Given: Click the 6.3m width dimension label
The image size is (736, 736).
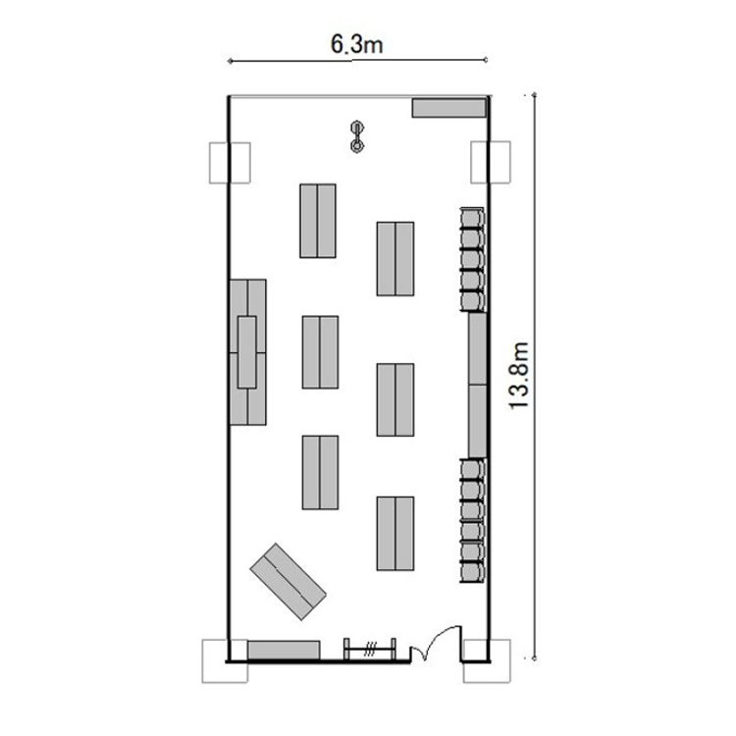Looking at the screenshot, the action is click(x=357, y=44).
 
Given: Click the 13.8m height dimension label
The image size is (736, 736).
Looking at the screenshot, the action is click(x=519, y=376).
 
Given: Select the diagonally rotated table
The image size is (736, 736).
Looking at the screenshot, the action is click(x=288, y=582).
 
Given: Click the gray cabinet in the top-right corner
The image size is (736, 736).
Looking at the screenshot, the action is click(x=448, y=108).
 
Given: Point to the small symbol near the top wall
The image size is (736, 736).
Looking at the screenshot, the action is click(x=357, y=136).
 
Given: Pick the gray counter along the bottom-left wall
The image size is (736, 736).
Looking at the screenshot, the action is click(x=284, y=650).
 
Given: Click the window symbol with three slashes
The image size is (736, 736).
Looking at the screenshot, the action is click(x=370, y=650).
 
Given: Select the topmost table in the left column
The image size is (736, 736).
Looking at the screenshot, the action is click(x=318, y=221).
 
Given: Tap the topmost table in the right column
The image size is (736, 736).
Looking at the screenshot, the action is click(x=395, y=259).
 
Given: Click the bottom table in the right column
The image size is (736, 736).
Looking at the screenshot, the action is click(x=395, y=533).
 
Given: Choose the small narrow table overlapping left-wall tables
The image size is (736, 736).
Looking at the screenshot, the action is click(x=247, y=352).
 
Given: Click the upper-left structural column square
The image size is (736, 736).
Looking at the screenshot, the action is click(x=230, y=162).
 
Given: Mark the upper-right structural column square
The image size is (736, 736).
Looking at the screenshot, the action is click(x=491, y=162).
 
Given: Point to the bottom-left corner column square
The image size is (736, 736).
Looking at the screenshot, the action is click(x=225, y=660).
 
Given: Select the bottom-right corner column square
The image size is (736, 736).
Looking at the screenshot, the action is click(x=487, y=660).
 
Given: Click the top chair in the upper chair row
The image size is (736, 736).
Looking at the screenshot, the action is click(x=472, y=218).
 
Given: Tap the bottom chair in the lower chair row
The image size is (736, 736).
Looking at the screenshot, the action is click(x=472, y=573).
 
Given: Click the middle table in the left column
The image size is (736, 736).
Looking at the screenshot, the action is click(x=320, y=352).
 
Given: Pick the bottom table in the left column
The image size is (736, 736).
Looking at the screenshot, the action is click(x=320, y=472).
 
